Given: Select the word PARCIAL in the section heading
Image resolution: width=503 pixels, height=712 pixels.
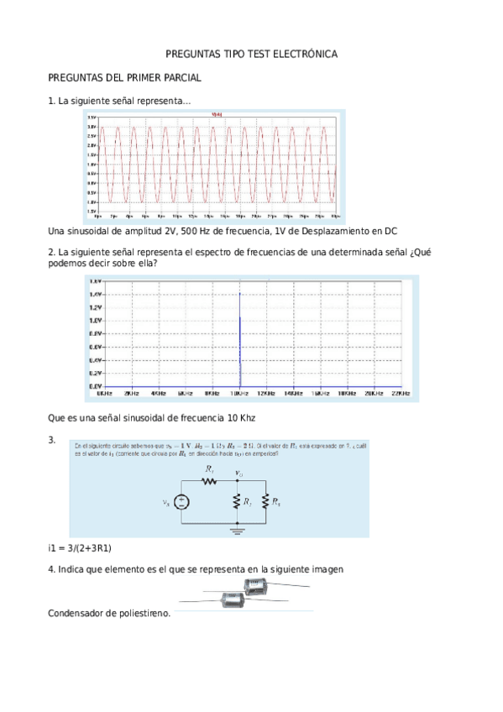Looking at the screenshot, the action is click(179, 78).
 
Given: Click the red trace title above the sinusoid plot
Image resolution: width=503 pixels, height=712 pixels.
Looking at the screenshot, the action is click(217, 114).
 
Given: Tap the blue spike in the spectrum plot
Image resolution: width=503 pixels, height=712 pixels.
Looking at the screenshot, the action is click(240, 340).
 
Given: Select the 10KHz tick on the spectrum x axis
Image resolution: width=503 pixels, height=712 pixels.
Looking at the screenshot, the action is click(240, 392).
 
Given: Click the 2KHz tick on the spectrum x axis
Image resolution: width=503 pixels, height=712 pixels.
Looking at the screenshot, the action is click(131, 392).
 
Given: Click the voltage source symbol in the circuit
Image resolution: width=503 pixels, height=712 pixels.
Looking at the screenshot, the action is click(183, 502).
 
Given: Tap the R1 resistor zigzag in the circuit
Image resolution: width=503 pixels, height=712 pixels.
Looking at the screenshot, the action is click(210, 483).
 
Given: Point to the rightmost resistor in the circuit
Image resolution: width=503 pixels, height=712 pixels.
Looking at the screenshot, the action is click(266, 502).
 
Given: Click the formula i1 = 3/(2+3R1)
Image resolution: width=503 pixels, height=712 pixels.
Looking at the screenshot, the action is click(81, 548).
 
